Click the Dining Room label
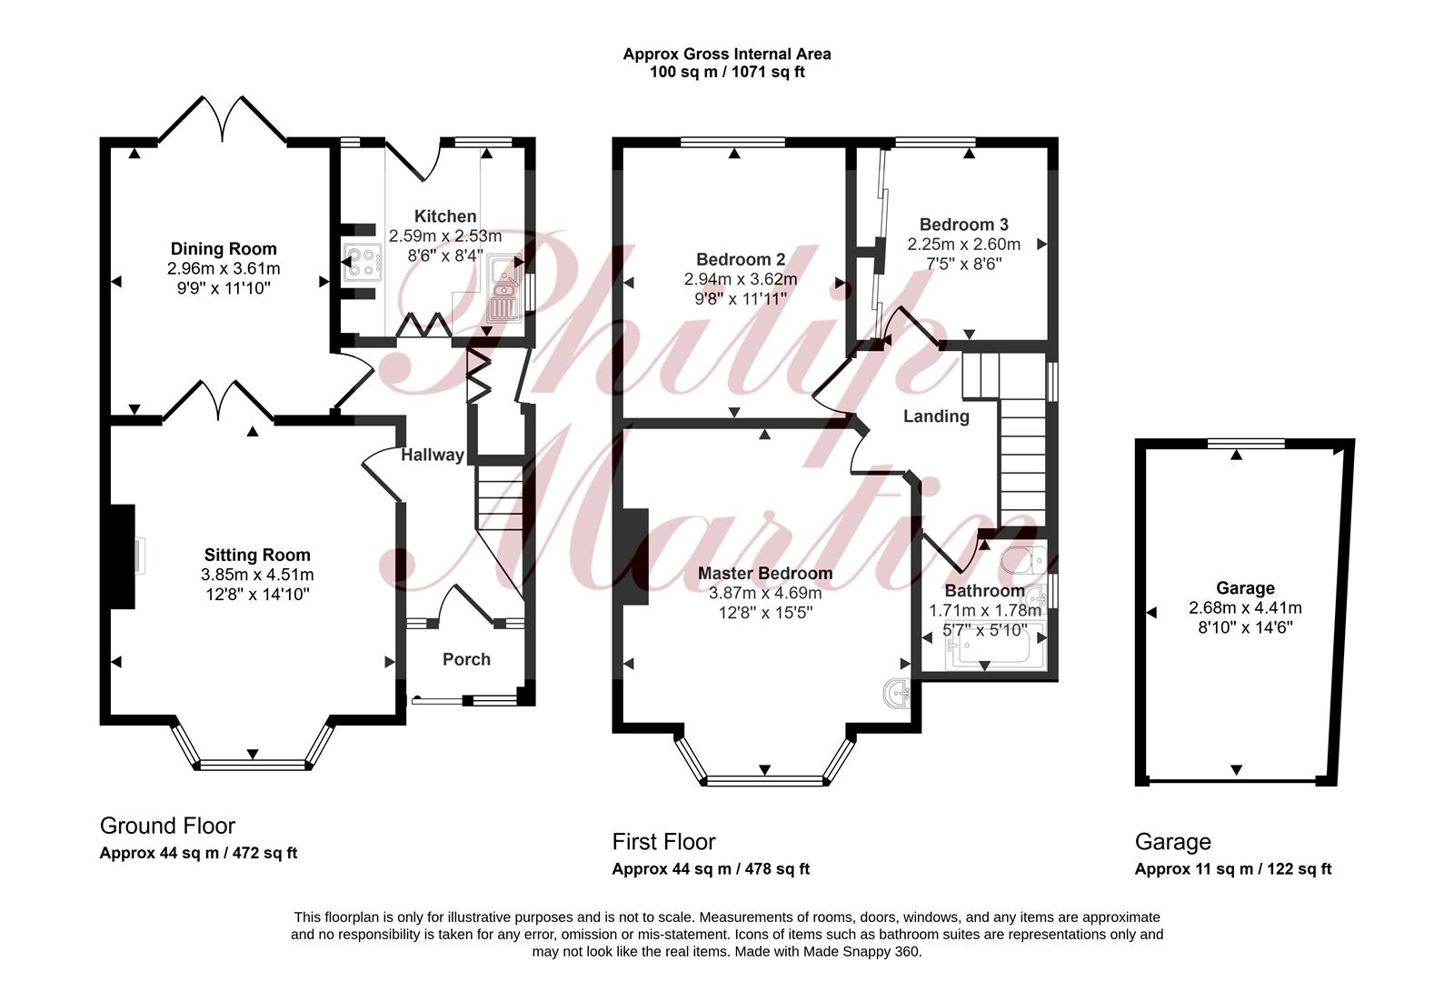click(x=224, y=249)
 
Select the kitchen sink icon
click(x=504, y=289)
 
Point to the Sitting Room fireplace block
click(x=122, y=556)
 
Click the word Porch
click(x=466, y=659)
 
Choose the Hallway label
click(x=433, y=455)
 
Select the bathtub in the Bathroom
click(x=994, y=646)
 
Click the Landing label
click(x=936, y=416)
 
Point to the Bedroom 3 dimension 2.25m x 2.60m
click(x=963, y=245)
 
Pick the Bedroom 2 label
click(x=741, y=260)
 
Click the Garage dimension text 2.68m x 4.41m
click(x=1245, y=608)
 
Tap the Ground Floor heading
click(x=167, y=826)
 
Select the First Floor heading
click(x=663, y=842)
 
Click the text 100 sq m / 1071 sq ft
click(x=727, y=72)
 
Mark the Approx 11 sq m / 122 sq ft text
click(x=1232, y=869)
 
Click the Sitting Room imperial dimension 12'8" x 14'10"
click(x=257, y=595)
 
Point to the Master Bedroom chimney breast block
click(x=635, y=556)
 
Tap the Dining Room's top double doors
click(x=223, y=119)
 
